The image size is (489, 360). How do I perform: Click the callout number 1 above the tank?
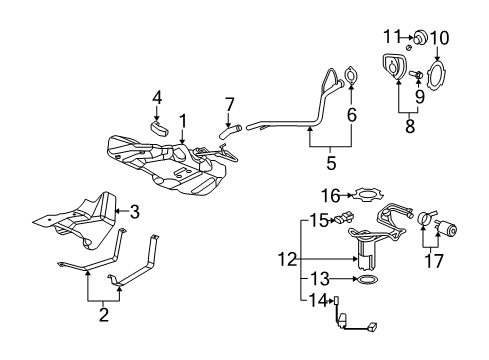[x=183, y=120]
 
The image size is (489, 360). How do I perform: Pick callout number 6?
[x=351, y=116]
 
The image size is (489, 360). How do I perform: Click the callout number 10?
[x=440, y=38]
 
